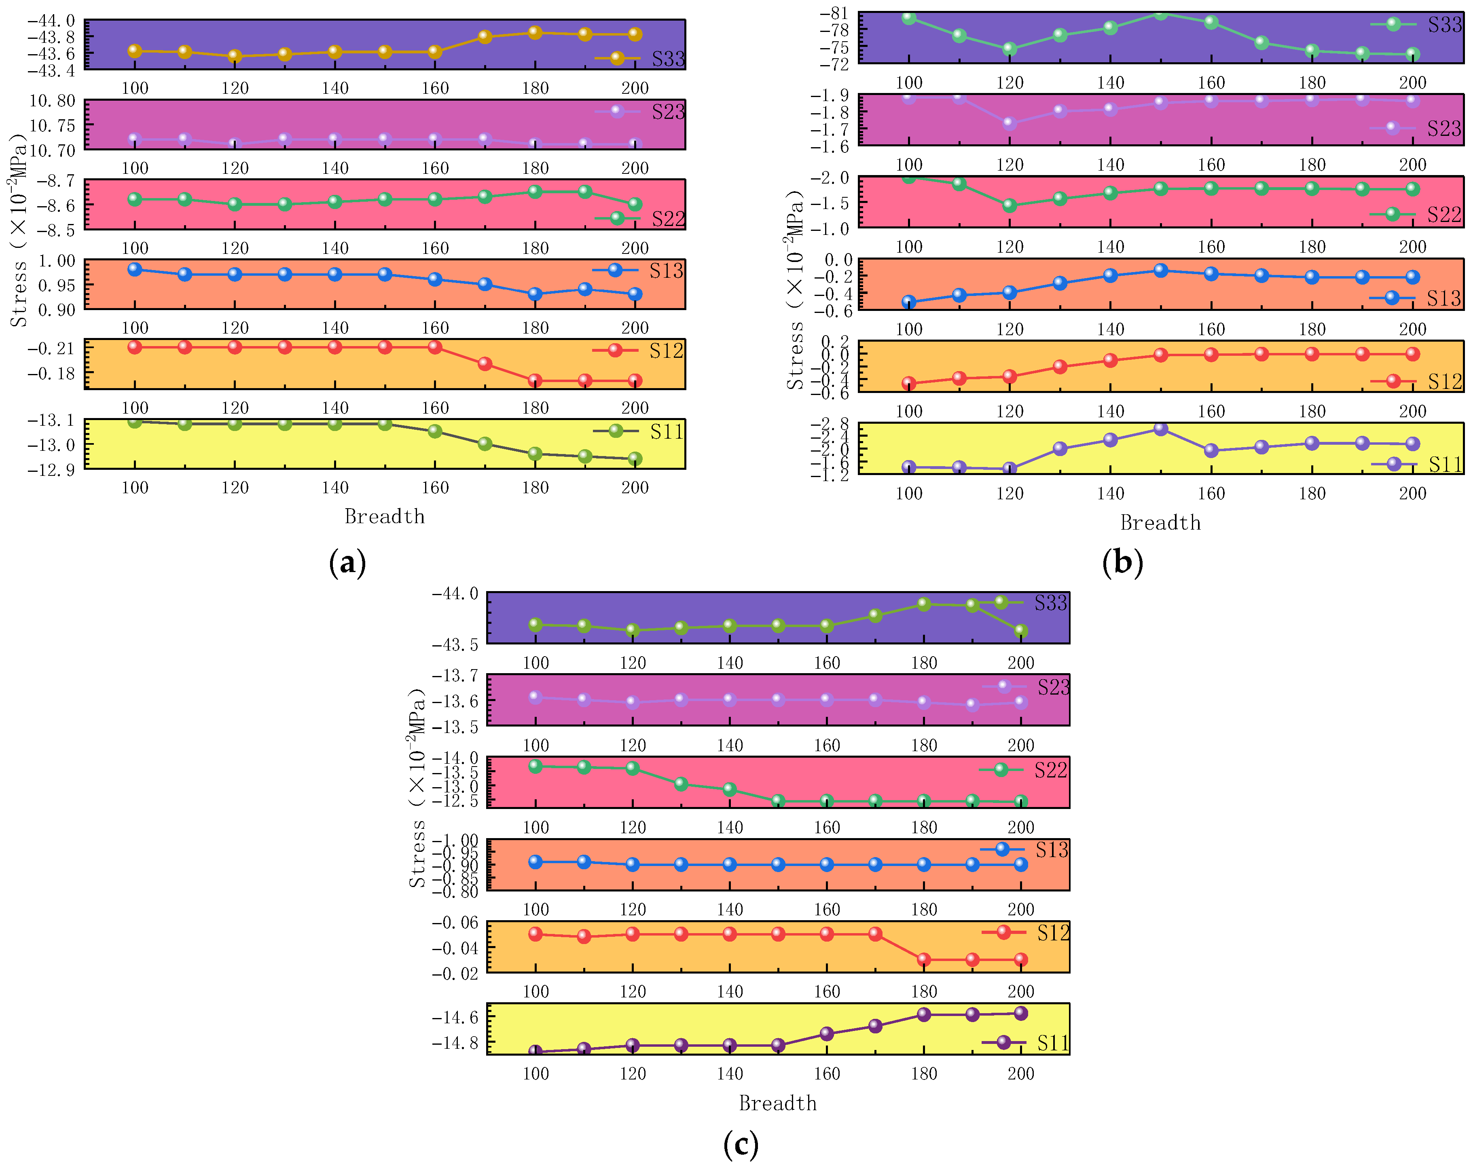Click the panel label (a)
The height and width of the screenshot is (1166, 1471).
tap(347, 563)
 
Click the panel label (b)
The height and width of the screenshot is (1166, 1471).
tap(1122, 563)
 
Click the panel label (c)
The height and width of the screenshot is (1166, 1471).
tap(740, 1143)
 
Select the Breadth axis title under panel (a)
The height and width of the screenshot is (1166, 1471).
tap(384, 517)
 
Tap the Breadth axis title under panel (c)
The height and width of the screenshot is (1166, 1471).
tap(778, 1103)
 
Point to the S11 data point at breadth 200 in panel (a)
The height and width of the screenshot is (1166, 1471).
tap(635, 458)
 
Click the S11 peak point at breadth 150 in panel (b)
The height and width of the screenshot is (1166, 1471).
tap(1160, 429)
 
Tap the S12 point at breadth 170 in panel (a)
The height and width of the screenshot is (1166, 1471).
tap(485, 363)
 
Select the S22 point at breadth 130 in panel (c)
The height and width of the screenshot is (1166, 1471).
tap(681, 784)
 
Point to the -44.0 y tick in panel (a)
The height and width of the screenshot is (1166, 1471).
tap(51, 21)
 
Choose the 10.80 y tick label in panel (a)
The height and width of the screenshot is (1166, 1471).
tap(52, 101)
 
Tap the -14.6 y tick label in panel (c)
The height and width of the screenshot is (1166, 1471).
tap(455, 1017)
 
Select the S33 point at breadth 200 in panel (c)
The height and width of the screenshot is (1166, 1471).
tap(1021, 632)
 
